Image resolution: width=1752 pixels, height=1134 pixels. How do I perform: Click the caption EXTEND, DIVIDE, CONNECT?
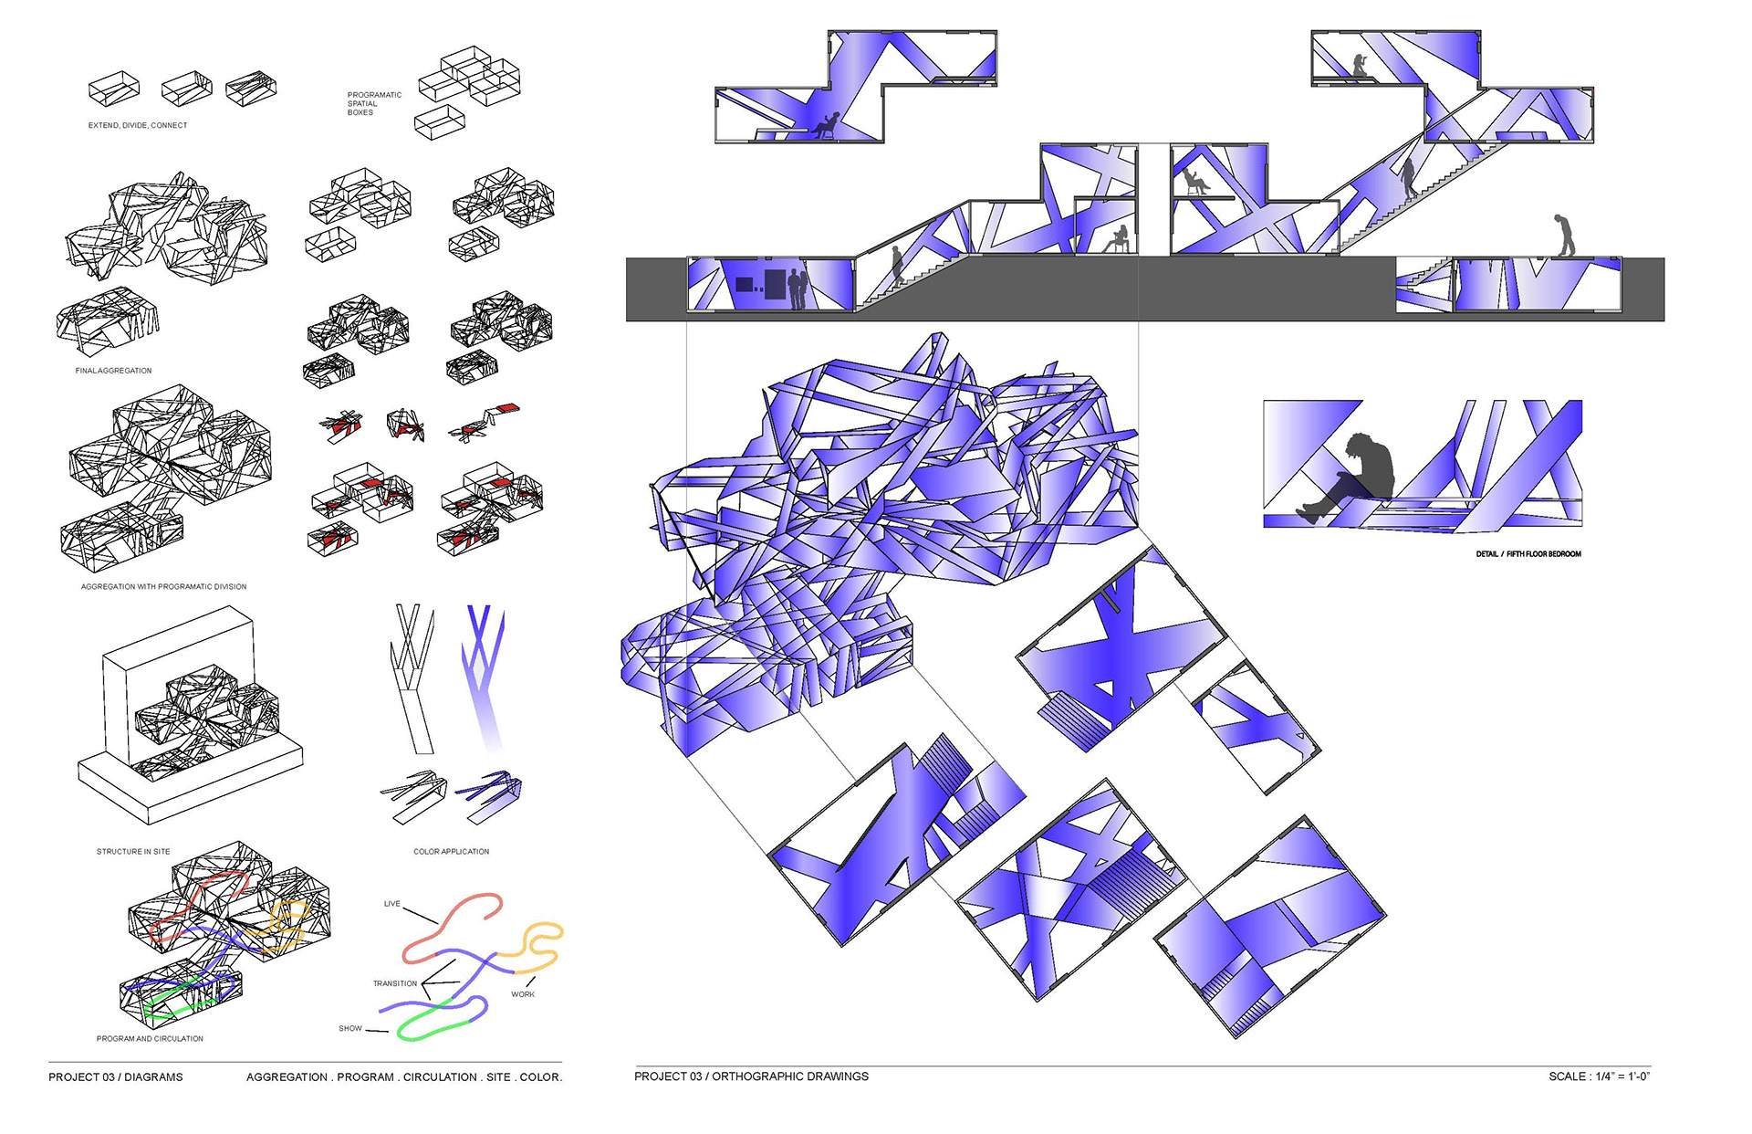pyautogui.click(x=138, y=125)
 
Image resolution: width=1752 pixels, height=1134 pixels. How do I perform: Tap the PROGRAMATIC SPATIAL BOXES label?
pyautogui.click(x=374, y=103)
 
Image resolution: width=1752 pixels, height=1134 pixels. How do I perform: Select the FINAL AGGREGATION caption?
pyautogui.click(x=113, y=371)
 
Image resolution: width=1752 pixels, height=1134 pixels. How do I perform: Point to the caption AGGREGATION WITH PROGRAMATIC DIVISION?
pyautogui.click(x=163, y=586)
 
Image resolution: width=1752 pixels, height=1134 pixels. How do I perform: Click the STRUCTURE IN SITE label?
pyautogui.click(x=133, y=851)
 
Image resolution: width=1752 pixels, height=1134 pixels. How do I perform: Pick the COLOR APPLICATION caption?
pyautogui.click(x=451, y=851)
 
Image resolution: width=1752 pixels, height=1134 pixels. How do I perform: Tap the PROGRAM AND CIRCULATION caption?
pyautogui.click(x=150, y=1038)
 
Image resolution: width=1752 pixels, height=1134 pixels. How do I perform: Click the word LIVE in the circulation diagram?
pyautogui.click(x=391, y=904)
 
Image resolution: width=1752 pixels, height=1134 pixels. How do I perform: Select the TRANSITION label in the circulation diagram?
pyautogui.click(x=394, y=983)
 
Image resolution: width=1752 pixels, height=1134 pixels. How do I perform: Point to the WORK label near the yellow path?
pyautogui.click(x=523, y=994)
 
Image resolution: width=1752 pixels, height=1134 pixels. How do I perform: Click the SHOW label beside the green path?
pyautogui.click(x=350, y=1028)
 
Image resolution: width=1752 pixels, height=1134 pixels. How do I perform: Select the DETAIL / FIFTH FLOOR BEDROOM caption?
pyautogui.click(x=1528, y=554)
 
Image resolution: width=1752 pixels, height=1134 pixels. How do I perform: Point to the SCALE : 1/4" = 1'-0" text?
pyautogui.click(x=1599, y=1076)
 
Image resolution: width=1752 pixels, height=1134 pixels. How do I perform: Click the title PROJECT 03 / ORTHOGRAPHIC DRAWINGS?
pyautogui.click(x=751, y=1076)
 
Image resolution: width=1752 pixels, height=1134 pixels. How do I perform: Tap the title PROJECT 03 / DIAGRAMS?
pyautogui.click(x=116, y=1077)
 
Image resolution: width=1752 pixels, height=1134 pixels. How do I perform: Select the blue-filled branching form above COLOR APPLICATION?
pyautogui.click(x=484, y=676)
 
